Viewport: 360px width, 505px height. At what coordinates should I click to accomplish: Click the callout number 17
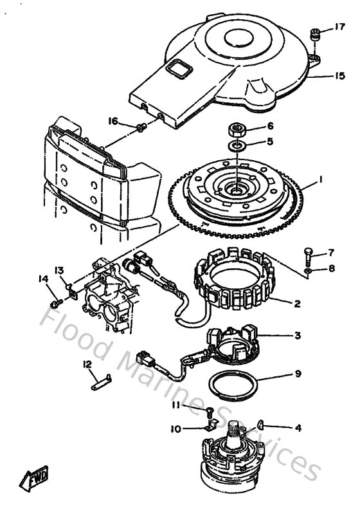tap(340, 27)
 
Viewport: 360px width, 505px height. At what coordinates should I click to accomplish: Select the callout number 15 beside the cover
tap(339, 76)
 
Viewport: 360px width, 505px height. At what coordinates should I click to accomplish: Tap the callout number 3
tap(298, 335)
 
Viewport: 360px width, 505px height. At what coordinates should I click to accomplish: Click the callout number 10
tap(175, 428)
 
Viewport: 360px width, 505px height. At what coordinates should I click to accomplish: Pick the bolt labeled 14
tap(56, 300)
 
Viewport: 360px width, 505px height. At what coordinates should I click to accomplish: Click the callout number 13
tap(59, 270)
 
